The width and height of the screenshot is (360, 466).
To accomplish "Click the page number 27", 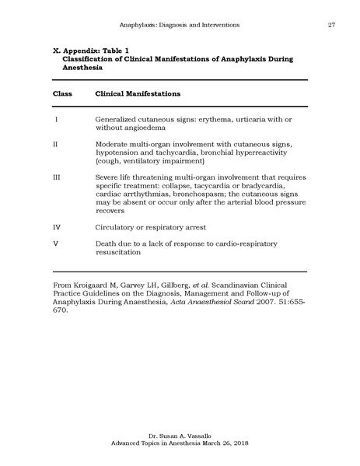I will (331, 26).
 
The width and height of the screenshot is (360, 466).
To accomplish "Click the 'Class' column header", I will (63, 93).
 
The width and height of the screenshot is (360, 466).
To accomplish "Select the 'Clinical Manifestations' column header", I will (138, 93).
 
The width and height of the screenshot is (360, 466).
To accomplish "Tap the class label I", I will (57, 119).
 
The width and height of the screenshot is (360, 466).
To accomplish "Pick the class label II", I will (56, 145).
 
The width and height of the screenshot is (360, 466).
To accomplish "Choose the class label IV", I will (57, 227).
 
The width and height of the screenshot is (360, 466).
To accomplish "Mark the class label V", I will (56, 244).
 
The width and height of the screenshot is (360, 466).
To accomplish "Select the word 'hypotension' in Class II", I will (118, 153).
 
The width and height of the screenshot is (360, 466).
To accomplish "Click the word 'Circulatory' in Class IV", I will (117, 227).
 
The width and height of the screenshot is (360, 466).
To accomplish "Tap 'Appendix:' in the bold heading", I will (80, 48).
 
